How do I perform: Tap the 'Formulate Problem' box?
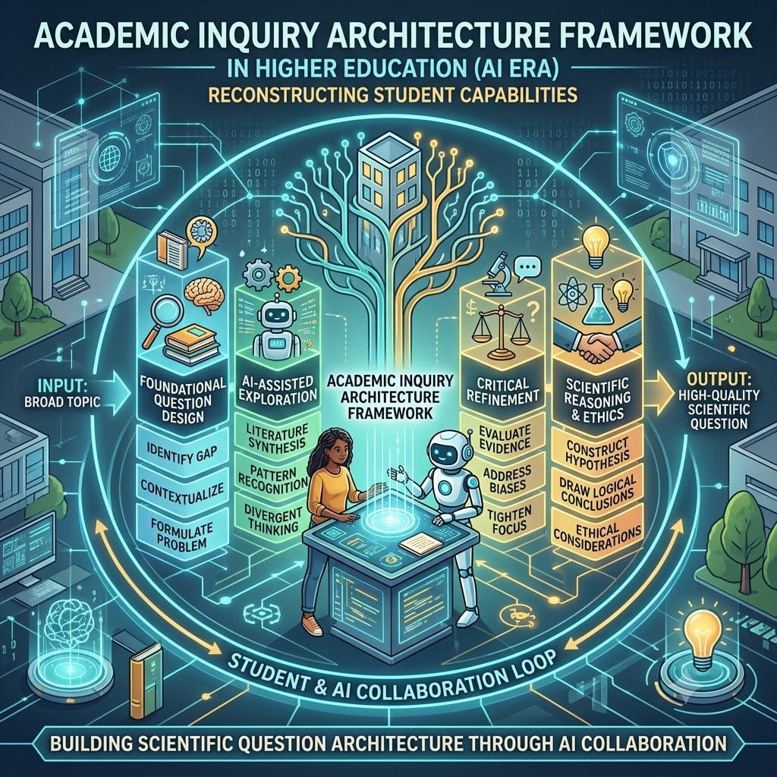pyautogui.click(x=181, y=533)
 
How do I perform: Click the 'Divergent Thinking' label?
pyautogui.click(x=273, y=518)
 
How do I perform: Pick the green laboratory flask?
pyautogui.click(x=596, y=305)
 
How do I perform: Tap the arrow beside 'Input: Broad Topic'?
pyautogui.click(x=118, y=395)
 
